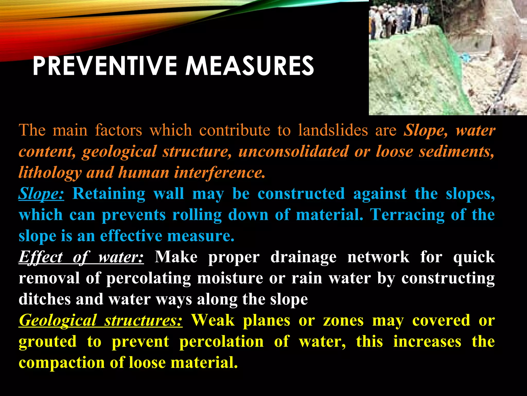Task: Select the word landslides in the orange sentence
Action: (x=333, y=130)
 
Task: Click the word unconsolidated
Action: (x=293, y=151)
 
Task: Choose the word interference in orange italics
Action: (x=219, y=172)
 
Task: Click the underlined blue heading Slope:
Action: (x=41, y=194)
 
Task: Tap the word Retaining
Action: (x=109, y=194)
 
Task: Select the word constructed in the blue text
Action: (x=301, y=194)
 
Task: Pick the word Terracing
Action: (x=407, y=215)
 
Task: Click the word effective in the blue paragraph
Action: (x=131, y=236)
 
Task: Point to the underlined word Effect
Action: (x=40, y=257)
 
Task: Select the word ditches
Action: (x=45, y=299)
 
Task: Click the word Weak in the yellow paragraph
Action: (x=213, y=320)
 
